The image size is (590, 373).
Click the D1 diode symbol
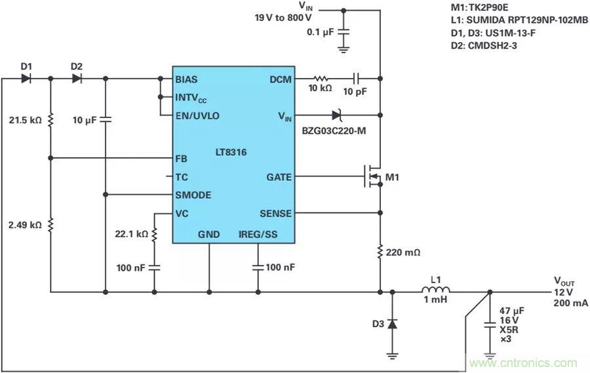(x=26, y=79)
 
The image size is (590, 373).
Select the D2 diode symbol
(x=77, y=79)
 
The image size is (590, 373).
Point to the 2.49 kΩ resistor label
(x=24, y=225)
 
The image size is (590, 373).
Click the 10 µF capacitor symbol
(x=106, y=119)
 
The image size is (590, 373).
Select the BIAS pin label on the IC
(x=186, y=79)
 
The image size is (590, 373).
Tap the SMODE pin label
(x=193, y=195)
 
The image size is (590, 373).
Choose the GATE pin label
(x=279, y=177)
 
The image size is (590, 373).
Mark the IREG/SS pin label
(x=258, y=234)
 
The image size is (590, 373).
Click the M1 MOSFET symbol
(x=372, y=177)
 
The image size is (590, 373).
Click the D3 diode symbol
(x=392, y=323)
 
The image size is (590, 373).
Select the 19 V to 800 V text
(x=283, y=18)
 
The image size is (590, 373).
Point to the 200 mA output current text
(x=568, y=303)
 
